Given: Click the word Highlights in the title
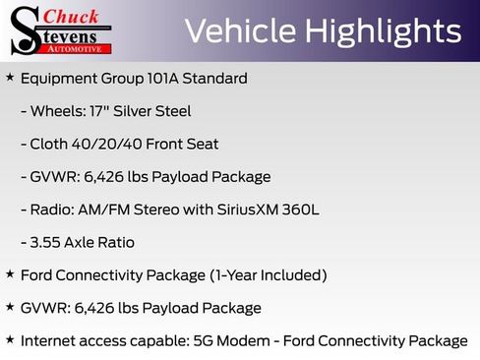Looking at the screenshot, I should tap(384, 31).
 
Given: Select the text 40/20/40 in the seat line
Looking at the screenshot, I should tap(108, 144).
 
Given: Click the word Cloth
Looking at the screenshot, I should tap(51, 144).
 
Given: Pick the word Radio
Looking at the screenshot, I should tap(52, 210).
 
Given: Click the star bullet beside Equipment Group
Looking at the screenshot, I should tap(10, 77).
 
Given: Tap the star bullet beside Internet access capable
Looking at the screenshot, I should tap(10, 339).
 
